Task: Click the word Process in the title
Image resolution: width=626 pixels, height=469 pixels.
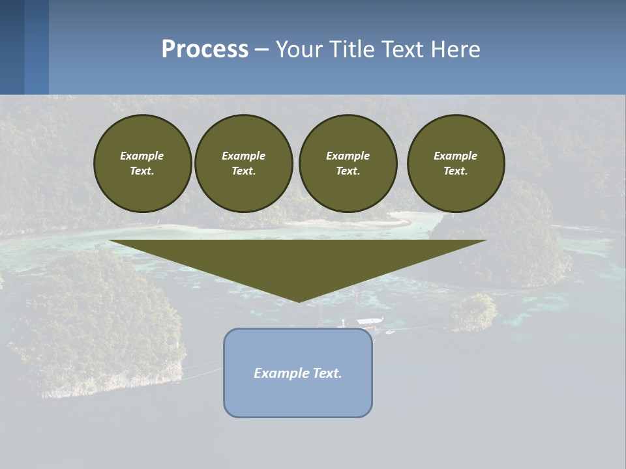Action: [x=205, y=50]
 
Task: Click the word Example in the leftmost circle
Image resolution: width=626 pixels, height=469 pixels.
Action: [x=142, y=156]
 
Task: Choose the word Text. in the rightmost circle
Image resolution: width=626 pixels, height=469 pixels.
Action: [x=456, y=171]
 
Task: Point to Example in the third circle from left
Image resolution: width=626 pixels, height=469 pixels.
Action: [x=348, y=156]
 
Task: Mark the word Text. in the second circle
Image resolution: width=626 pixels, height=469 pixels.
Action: [x=244, y=171]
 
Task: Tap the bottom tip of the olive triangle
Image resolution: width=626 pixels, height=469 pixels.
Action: [x=299, y=300]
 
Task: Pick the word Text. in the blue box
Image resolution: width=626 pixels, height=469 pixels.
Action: [x=327, y=373]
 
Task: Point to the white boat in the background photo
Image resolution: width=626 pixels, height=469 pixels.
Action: [x=369, y=321]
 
